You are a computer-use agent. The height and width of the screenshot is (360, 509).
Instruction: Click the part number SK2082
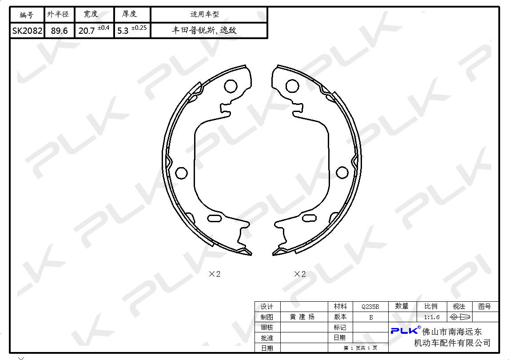click(x=27, y=31)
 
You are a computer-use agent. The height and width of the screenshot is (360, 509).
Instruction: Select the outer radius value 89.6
click(x=60, y=31)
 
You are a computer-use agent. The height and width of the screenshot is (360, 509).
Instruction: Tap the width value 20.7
click(x=87, y=31)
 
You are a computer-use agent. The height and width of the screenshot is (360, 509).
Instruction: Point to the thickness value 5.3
click(x=123, y=31)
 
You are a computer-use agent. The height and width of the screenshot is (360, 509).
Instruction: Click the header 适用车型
click(x=204, y=14)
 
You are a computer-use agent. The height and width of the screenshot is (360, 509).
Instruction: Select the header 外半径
click(x=58, y=14)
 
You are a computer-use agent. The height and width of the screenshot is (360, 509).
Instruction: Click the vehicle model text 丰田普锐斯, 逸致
click(x=204, y=31)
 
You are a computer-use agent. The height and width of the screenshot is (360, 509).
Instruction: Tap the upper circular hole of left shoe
click(x=231, y=86)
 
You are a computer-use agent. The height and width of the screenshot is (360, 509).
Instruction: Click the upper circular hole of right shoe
click(x=292, y=86)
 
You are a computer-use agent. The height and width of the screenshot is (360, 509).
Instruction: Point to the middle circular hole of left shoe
click(x=182, y=173)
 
